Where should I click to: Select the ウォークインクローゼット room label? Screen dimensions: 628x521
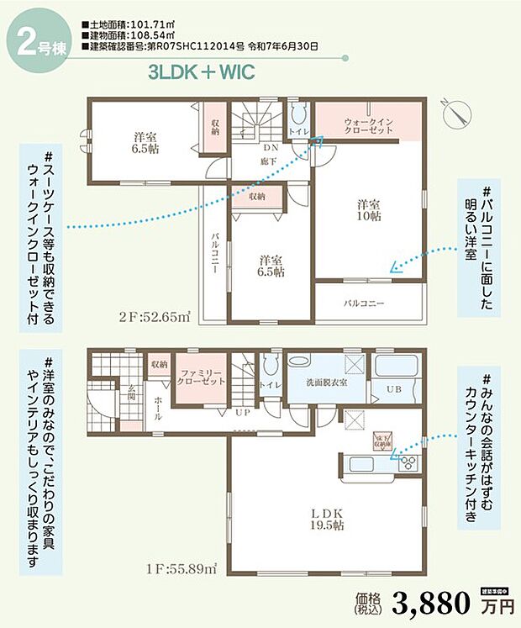point(368,128)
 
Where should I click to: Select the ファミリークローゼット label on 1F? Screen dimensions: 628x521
point(200,377)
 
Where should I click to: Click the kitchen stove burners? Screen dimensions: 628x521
point(407,462)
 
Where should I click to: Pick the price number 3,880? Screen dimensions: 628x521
point(430,602)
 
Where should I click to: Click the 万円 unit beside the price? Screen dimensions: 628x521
point(495,605)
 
